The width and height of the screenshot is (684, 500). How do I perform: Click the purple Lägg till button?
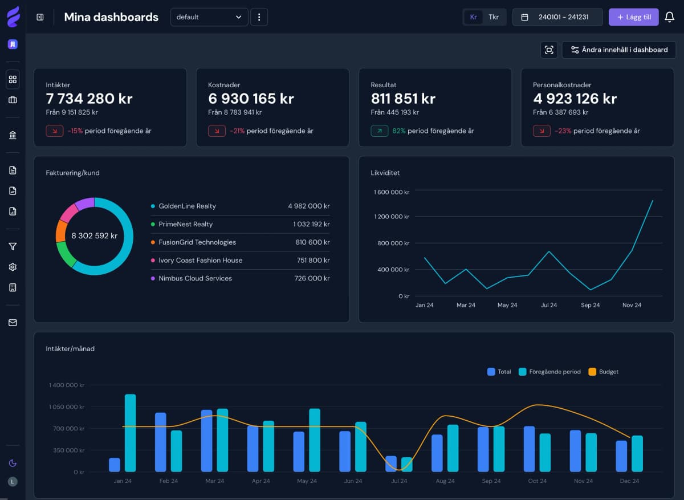(633, 17)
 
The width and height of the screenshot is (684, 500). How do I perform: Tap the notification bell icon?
(670, 17)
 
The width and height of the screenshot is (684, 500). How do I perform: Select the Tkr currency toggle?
(494, 17)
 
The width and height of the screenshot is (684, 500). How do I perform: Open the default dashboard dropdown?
(209, 17)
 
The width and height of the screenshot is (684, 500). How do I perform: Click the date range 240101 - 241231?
(557, 17)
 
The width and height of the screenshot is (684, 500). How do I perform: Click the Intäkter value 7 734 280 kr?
(89, 99)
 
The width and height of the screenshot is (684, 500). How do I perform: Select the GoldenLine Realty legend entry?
(187, 206)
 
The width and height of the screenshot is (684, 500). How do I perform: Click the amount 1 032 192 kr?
(311, 224)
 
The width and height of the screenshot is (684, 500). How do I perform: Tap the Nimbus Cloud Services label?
(195, 278)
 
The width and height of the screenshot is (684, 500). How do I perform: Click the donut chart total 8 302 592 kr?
(95, 235)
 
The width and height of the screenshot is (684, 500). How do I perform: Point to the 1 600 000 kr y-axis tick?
(391, 192)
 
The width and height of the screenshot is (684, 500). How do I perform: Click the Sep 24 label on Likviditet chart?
(590, 305)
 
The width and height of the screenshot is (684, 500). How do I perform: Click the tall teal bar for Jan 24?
(130, 433)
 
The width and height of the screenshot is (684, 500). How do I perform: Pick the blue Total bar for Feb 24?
(161, 442)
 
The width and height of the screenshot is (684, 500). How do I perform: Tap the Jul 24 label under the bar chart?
(399, 481)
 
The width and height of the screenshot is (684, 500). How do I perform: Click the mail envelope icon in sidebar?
(13, 323)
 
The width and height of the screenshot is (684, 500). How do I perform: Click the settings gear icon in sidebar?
(13, 267)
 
